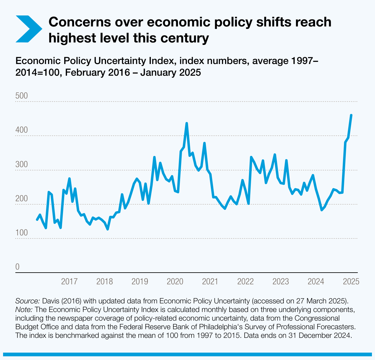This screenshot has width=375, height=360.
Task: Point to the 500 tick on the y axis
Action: pos(22,96)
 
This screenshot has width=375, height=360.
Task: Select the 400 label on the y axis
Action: pos(22,130)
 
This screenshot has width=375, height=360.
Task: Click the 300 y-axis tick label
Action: pos(22,164)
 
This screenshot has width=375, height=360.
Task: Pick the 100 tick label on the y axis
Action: pos(22,233)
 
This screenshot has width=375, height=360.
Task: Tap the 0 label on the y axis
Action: pos(18,267)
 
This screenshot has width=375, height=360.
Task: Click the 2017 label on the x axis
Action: pos(69,282)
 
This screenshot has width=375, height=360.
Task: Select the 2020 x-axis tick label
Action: pos(175,282)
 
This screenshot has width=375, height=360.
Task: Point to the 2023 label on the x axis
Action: pos(280,282)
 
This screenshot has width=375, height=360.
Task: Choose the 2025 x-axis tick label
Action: pos(351,282)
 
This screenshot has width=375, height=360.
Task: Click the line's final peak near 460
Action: pos(351,115)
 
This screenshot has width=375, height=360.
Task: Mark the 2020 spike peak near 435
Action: pos(187,123)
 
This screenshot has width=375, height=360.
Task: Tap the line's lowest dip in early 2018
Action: pos(108,229)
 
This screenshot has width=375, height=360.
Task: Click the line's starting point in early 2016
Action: pos(37,220)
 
